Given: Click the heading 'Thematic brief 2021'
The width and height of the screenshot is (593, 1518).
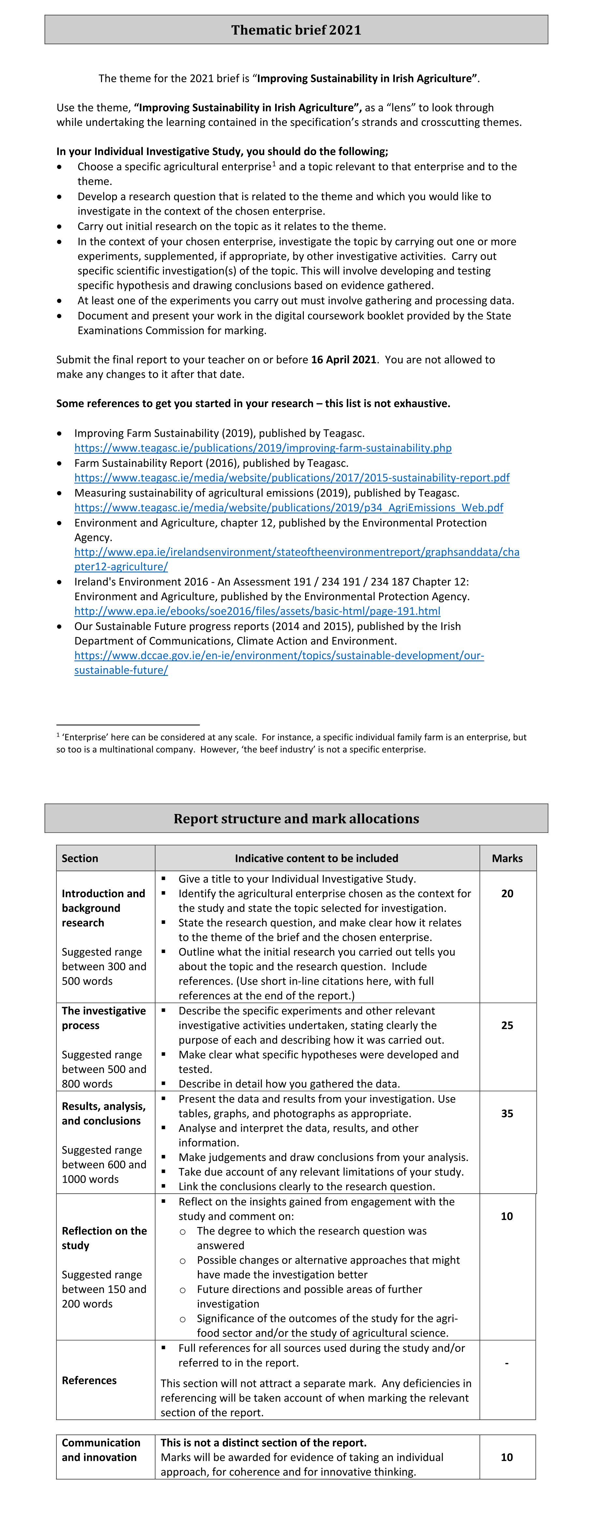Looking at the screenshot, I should pyautogui.click(x=296, y=30).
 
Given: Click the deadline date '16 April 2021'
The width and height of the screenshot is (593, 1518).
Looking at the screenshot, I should pyautogui.click(x=343, y=360).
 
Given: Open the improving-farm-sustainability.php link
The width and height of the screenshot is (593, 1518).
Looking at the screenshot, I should pyautogui.click(x=263, y=448).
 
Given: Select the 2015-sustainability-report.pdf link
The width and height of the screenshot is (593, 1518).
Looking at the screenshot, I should pyautogui.click(x=291, y=478).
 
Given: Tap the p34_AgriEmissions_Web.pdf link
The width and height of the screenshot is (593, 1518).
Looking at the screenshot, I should pyautogui.click(x=289, y=507).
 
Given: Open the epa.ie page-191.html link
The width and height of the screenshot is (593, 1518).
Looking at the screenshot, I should pyautogui.click(x=257, y=611).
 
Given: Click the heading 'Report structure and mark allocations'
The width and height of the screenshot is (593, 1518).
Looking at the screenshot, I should pyautogui.click(x=296, y=819).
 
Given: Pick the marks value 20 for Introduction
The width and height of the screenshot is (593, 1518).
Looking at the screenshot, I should pyautogui.click(x=507, y=893).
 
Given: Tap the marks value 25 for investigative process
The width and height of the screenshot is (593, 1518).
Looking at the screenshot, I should pyautogui.click(x=507, y=1025).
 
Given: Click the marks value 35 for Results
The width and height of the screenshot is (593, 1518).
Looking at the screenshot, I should pyautogui.click(x=507, y=1113).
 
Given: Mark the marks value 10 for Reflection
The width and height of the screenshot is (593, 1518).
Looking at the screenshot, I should pyautogui.click(x=506, y=1216).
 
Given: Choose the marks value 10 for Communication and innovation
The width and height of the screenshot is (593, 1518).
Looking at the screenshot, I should pyautogui.click(x=506, y=1457).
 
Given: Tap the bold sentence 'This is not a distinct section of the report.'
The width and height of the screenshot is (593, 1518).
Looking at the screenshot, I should pyautogui.click(x=263, y=1443).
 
